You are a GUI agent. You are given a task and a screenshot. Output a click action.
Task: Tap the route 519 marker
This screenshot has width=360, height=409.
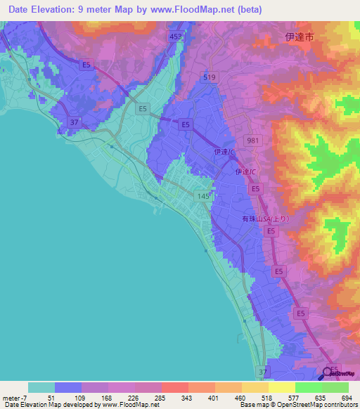[209, 77]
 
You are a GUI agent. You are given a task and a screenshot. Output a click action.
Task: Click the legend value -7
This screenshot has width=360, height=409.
[19, 397]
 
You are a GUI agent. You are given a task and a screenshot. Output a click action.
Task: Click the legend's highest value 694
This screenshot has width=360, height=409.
[345, 397]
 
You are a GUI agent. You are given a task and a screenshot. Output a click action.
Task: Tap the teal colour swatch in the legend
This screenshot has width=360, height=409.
[41, 387]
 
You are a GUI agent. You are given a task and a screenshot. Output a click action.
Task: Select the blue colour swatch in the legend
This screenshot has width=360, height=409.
[68, 387]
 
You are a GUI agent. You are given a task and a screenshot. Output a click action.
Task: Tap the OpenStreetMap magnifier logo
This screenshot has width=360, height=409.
[328, 373]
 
